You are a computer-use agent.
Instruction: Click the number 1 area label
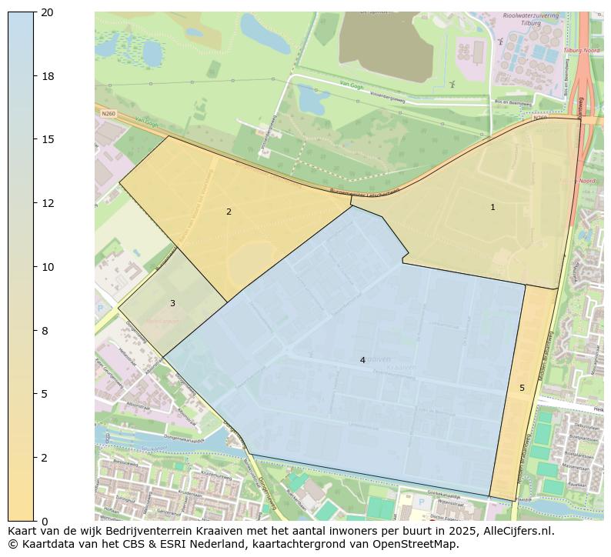coord(492,207)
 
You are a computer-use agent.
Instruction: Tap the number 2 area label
coord(229,212)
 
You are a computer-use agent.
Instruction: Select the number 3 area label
coord(172,303)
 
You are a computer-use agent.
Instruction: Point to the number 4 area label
coord(362,360)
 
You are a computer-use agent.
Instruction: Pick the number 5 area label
coord(522,388)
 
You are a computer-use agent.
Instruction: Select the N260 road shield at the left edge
coord(108,113)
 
